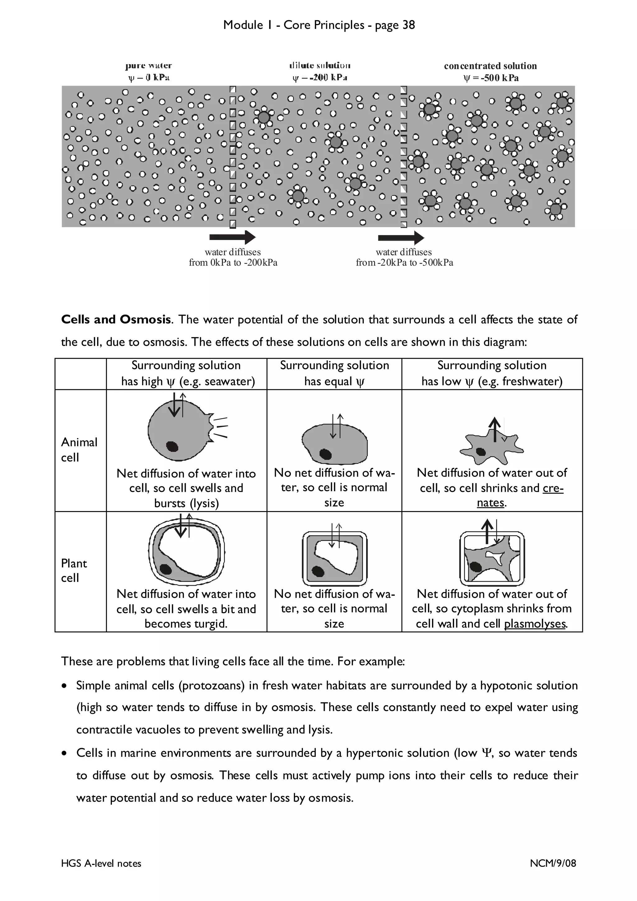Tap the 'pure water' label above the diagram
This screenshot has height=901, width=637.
coord(148,66)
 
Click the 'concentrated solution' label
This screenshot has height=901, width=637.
coord(490,66)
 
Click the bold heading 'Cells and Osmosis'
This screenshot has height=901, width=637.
coord(116,319)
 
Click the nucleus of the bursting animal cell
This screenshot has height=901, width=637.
coord(172,446)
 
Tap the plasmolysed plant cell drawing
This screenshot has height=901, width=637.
coord(492,558)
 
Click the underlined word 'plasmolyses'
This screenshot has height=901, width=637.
coord(535,624)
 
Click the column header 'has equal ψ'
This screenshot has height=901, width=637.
coord(334,381)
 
